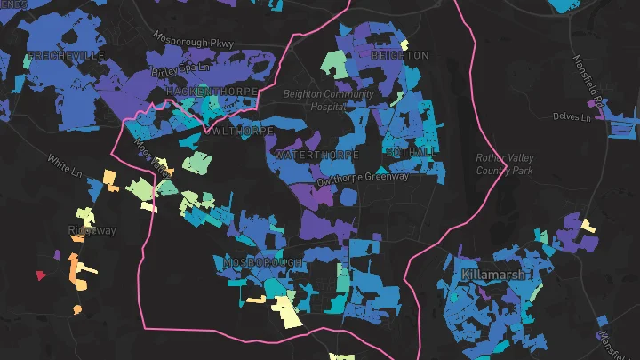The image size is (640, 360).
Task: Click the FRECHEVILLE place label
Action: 67,55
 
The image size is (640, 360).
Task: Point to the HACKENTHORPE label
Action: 212,92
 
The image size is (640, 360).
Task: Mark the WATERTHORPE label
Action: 318,155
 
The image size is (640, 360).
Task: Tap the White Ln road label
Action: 66,164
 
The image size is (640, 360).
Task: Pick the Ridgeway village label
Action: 91,230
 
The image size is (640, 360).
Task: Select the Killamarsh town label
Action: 492,275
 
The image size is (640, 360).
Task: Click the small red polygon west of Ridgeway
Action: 39,276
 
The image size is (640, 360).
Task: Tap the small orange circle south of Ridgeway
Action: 77,309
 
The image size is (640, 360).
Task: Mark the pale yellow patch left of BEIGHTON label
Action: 404,44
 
